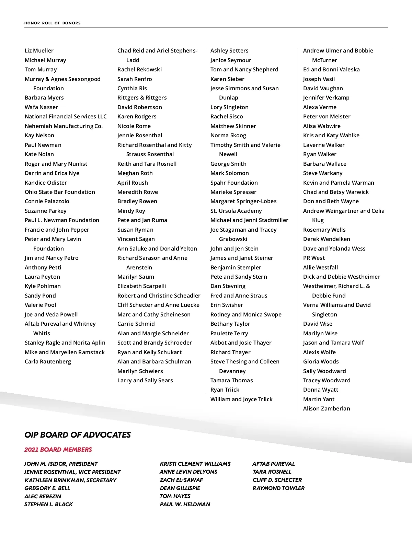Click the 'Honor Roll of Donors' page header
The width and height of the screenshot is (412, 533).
53,23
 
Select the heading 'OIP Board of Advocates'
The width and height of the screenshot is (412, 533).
78,435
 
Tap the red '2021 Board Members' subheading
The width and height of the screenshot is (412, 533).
58,450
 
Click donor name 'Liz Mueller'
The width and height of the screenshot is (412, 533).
39,51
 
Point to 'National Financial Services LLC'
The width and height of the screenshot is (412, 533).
66,117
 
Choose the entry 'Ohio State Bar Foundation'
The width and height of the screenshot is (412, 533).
60,192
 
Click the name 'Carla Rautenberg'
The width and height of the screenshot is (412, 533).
48,362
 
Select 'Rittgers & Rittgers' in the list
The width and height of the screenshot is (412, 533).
142,98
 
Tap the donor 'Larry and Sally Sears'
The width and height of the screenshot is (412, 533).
145,381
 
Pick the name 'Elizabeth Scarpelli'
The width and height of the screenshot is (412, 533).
141,286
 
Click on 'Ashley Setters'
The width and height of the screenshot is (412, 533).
229,51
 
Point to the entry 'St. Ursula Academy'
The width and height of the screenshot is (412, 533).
236,211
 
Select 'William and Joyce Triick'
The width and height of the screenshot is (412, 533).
241,399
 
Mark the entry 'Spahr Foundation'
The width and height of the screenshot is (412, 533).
234,183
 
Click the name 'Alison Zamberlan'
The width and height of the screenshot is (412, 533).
327,409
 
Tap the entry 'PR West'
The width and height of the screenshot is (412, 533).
314,258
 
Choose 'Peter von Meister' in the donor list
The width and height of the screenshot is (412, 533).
327,117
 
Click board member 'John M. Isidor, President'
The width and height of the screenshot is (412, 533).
61,464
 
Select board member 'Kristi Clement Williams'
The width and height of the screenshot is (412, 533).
195,464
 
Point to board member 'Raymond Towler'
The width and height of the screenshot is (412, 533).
278,488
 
